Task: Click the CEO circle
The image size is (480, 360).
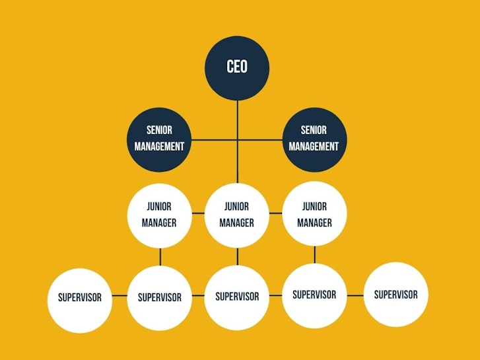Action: [237, 68]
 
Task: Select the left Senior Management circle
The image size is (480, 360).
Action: [159, 140]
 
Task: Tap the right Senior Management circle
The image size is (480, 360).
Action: [314, 140]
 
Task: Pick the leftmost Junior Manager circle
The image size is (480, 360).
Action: [160, 216]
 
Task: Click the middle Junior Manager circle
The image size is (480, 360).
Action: [237, 215]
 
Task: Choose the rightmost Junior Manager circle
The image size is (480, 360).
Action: [315, 213]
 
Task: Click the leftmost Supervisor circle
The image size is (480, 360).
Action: [80, 301]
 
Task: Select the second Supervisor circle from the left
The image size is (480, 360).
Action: [160, 298]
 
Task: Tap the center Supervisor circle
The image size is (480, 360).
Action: [237, 298]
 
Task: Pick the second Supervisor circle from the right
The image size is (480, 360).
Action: [314, 296]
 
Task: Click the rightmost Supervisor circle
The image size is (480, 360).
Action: [395, 295]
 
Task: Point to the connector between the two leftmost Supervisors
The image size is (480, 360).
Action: [120, 296]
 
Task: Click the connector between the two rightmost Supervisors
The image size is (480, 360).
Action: [355, 296]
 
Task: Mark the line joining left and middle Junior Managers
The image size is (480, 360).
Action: [198, 213]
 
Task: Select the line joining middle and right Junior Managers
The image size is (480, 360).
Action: [276, 213]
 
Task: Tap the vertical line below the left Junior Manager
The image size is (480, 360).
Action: [160, 257]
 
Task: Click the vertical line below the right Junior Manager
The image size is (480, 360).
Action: [315, 255]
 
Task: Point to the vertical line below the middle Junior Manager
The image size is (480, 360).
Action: [237, 257]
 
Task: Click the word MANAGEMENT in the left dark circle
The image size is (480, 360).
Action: [159, 147]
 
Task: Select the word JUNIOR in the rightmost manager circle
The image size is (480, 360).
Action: [314, 207]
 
